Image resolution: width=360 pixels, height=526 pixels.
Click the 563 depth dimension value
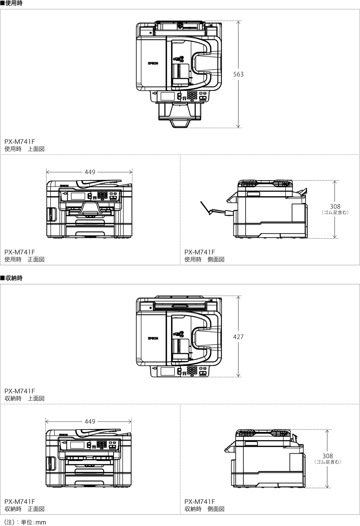[x=238, y=74]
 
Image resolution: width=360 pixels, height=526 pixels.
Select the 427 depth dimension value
[x=238, y=337]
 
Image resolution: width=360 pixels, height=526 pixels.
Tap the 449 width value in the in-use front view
[x=90, y=172]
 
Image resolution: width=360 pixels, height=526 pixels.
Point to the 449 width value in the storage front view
[x=90, y=421]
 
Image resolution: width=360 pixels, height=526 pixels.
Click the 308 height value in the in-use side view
[x=335, y=206]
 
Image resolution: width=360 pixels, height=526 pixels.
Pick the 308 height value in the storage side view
[x=327, y=456]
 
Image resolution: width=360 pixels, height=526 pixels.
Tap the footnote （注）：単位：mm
[x=25, y=522]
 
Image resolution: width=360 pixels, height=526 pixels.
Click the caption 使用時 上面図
[x=24, y=149]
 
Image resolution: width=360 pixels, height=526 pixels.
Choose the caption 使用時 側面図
[x=204, y=259]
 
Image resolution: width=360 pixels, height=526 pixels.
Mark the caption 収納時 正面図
[x=24, y=509]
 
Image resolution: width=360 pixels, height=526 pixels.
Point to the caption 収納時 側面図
[x=204, y=509]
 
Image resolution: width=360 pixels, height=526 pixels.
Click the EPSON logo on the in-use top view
[x=153, y=63]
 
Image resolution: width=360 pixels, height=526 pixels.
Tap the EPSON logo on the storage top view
[x=153, y=338]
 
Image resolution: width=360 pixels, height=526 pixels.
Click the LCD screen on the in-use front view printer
[x=78, y=196]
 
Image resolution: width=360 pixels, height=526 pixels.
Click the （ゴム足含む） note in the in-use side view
[x=335, y=212]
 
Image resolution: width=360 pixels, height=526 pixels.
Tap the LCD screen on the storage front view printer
[x=77, y=445]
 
